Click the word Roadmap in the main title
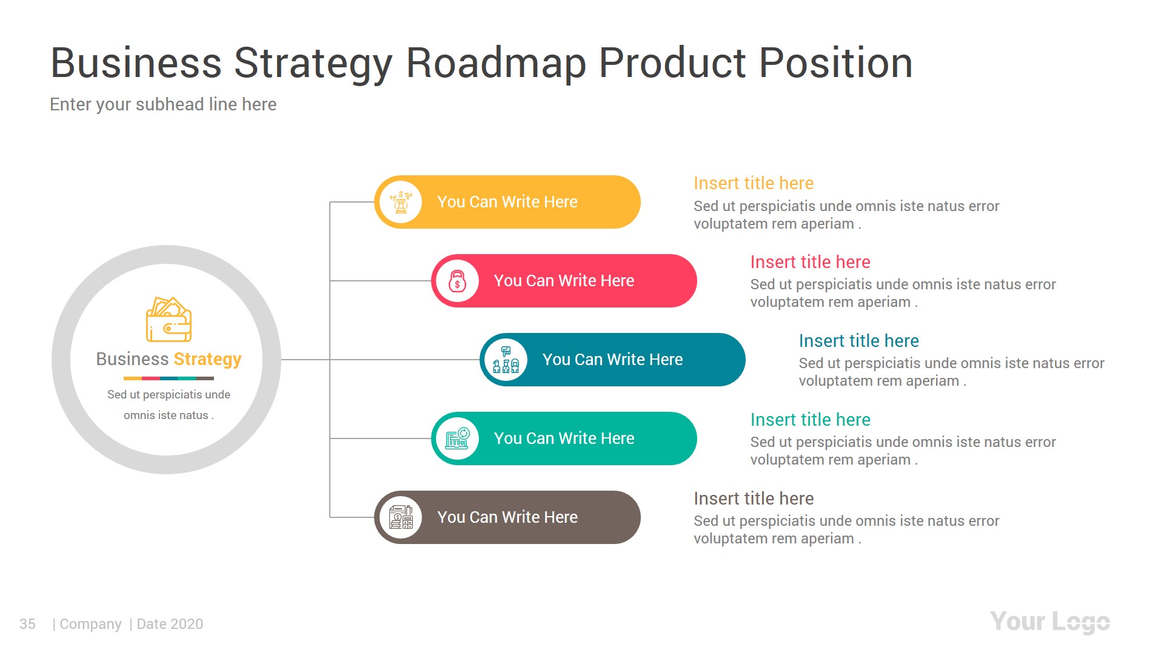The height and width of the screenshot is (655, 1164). (496, 63)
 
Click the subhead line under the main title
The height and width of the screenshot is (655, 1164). (163, 104)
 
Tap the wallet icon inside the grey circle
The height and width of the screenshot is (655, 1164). (169, 320)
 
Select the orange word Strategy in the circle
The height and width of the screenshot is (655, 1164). (207, 359)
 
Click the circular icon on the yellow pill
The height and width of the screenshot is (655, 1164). (401, 202)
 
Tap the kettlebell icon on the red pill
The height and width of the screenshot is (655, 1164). (457, 281)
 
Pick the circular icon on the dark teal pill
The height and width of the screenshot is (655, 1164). (506, 360)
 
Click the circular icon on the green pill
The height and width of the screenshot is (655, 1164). (457, 438)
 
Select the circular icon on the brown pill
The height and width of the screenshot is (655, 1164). (401, 517)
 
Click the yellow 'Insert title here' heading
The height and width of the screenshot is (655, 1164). (753, 183)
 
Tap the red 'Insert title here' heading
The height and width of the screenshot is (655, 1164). (810, 262)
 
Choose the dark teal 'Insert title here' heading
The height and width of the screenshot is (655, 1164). (858, 341)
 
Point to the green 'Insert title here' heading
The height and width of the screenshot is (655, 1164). (810, 420)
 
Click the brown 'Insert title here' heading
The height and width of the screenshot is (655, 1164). (753, 499)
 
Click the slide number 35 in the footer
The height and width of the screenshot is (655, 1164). (27, 624)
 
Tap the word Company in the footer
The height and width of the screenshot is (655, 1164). (90, 624)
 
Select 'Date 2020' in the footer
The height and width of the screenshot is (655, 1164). (170, 624)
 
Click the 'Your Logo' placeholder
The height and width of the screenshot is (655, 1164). (1049, 622)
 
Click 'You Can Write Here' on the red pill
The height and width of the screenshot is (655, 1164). (564, 281)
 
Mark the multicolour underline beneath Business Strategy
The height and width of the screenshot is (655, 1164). (169, 378)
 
